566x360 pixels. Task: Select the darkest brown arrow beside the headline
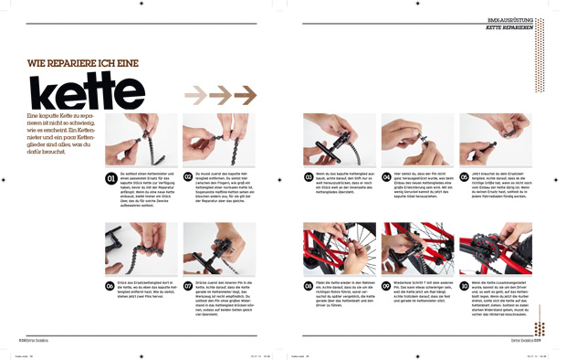(245, 94)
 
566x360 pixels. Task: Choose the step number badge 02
(188, 178)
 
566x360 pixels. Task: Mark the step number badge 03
(309, 178)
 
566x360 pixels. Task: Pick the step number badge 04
(387, 178)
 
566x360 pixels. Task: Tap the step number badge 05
(465, 178)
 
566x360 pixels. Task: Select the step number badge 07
(188, 286)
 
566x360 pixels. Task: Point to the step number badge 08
(309, 286)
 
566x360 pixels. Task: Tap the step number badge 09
(387, 286)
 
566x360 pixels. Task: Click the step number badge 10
(465, 286)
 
